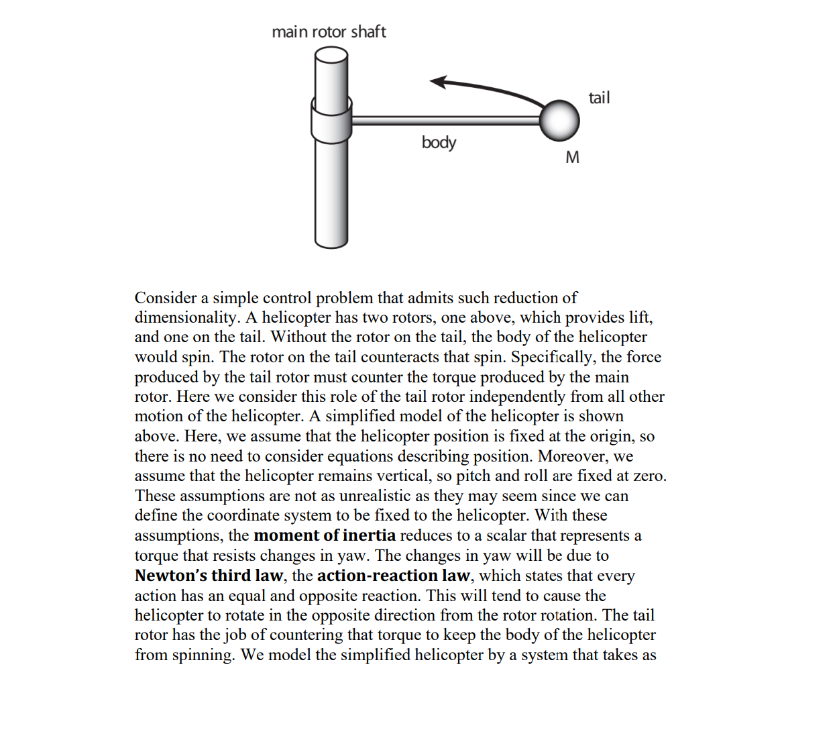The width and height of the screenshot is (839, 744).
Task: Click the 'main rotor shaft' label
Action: point(329,32)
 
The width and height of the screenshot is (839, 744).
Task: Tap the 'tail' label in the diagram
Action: point(599,98)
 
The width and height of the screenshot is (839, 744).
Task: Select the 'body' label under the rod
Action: point(439,142)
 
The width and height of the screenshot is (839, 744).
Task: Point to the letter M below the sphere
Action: point(572,158)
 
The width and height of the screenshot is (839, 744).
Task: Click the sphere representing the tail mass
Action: point(559,121)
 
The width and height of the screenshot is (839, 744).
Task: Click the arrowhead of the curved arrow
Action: point(437,82)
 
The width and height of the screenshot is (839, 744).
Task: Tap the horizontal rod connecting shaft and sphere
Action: point(445,121)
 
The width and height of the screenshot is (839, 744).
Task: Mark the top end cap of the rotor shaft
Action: point(331,54)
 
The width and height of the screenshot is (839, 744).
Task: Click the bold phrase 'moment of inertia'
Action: point(325,535)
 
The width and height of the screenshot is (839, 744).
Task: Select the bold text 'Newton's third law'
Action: point(209,576)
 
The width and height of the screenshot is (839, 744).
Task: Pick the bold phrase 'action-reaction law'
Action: point(393,576)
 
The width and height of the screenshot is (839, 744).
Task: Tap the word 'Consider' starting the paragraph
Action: point(166,298)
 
